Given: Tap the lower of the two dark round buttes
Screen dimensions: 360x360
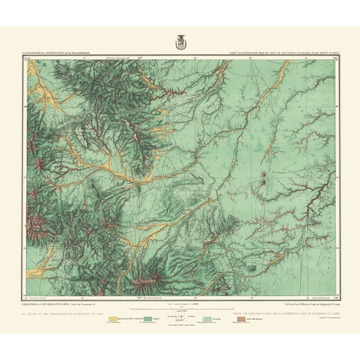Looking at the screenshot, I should (266, 182).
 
